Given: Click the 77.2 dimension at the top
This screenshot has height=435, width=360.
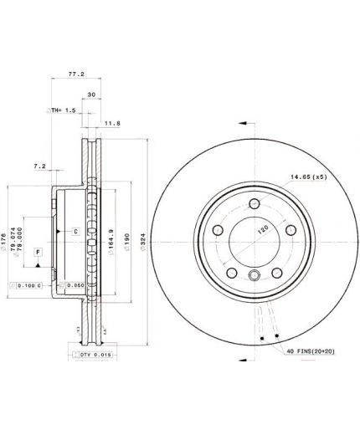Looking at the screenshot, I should tap(76, 74).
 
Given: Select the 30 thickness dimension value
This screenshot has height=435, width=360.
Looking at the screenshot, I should tap(91, 94).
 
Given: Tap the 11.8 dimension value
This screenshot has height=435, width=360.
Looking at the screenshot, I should tap(112, 123).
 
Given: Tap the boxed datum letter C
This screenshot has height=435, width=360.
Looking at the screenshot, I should tap(75, 230).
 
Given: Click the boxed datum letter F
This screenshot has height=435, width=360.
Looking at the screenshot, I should tap(38, 251).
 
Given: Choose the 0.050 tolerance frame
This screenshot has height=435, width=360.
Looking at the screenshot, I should tap(72, 284).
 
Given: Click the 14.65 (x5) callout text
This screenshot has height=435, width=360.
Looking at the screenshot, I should tap(307, 177).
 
